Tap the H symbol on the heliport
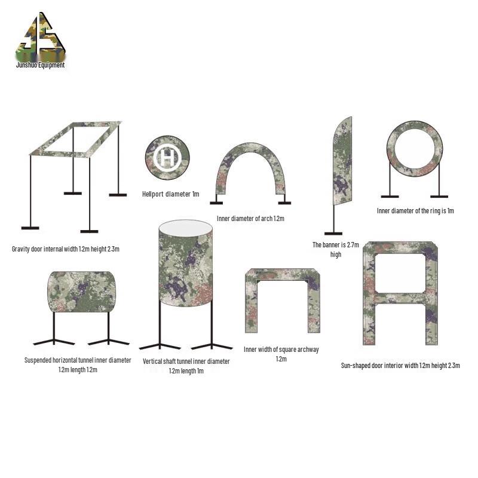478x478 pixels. click(167, 158)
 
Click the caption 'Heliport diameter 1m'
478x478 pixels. click(170, 194)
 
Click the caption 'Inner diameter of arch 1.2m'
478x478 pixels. click(250, 218)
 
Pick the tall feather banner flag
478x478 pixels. click(341, 161)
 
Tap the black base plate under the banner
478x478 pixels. click(333, 233)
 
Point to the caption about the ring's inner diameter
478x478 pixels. click(416, 210)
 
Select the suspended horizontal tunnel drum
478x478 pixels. click(81, 292)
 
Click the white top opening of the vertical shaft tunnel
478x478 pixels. click(186, 228)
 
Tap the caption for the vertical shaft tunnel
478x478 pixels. click(186, 366)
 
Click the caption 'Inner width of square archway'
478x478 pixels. click(281, 354)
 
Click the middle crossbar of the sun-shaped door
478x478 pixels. click(400, 297)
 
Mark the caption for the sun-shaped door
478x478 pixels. click(400, 366)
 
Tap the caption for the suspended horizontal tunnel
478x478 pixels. click(78, 364)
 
